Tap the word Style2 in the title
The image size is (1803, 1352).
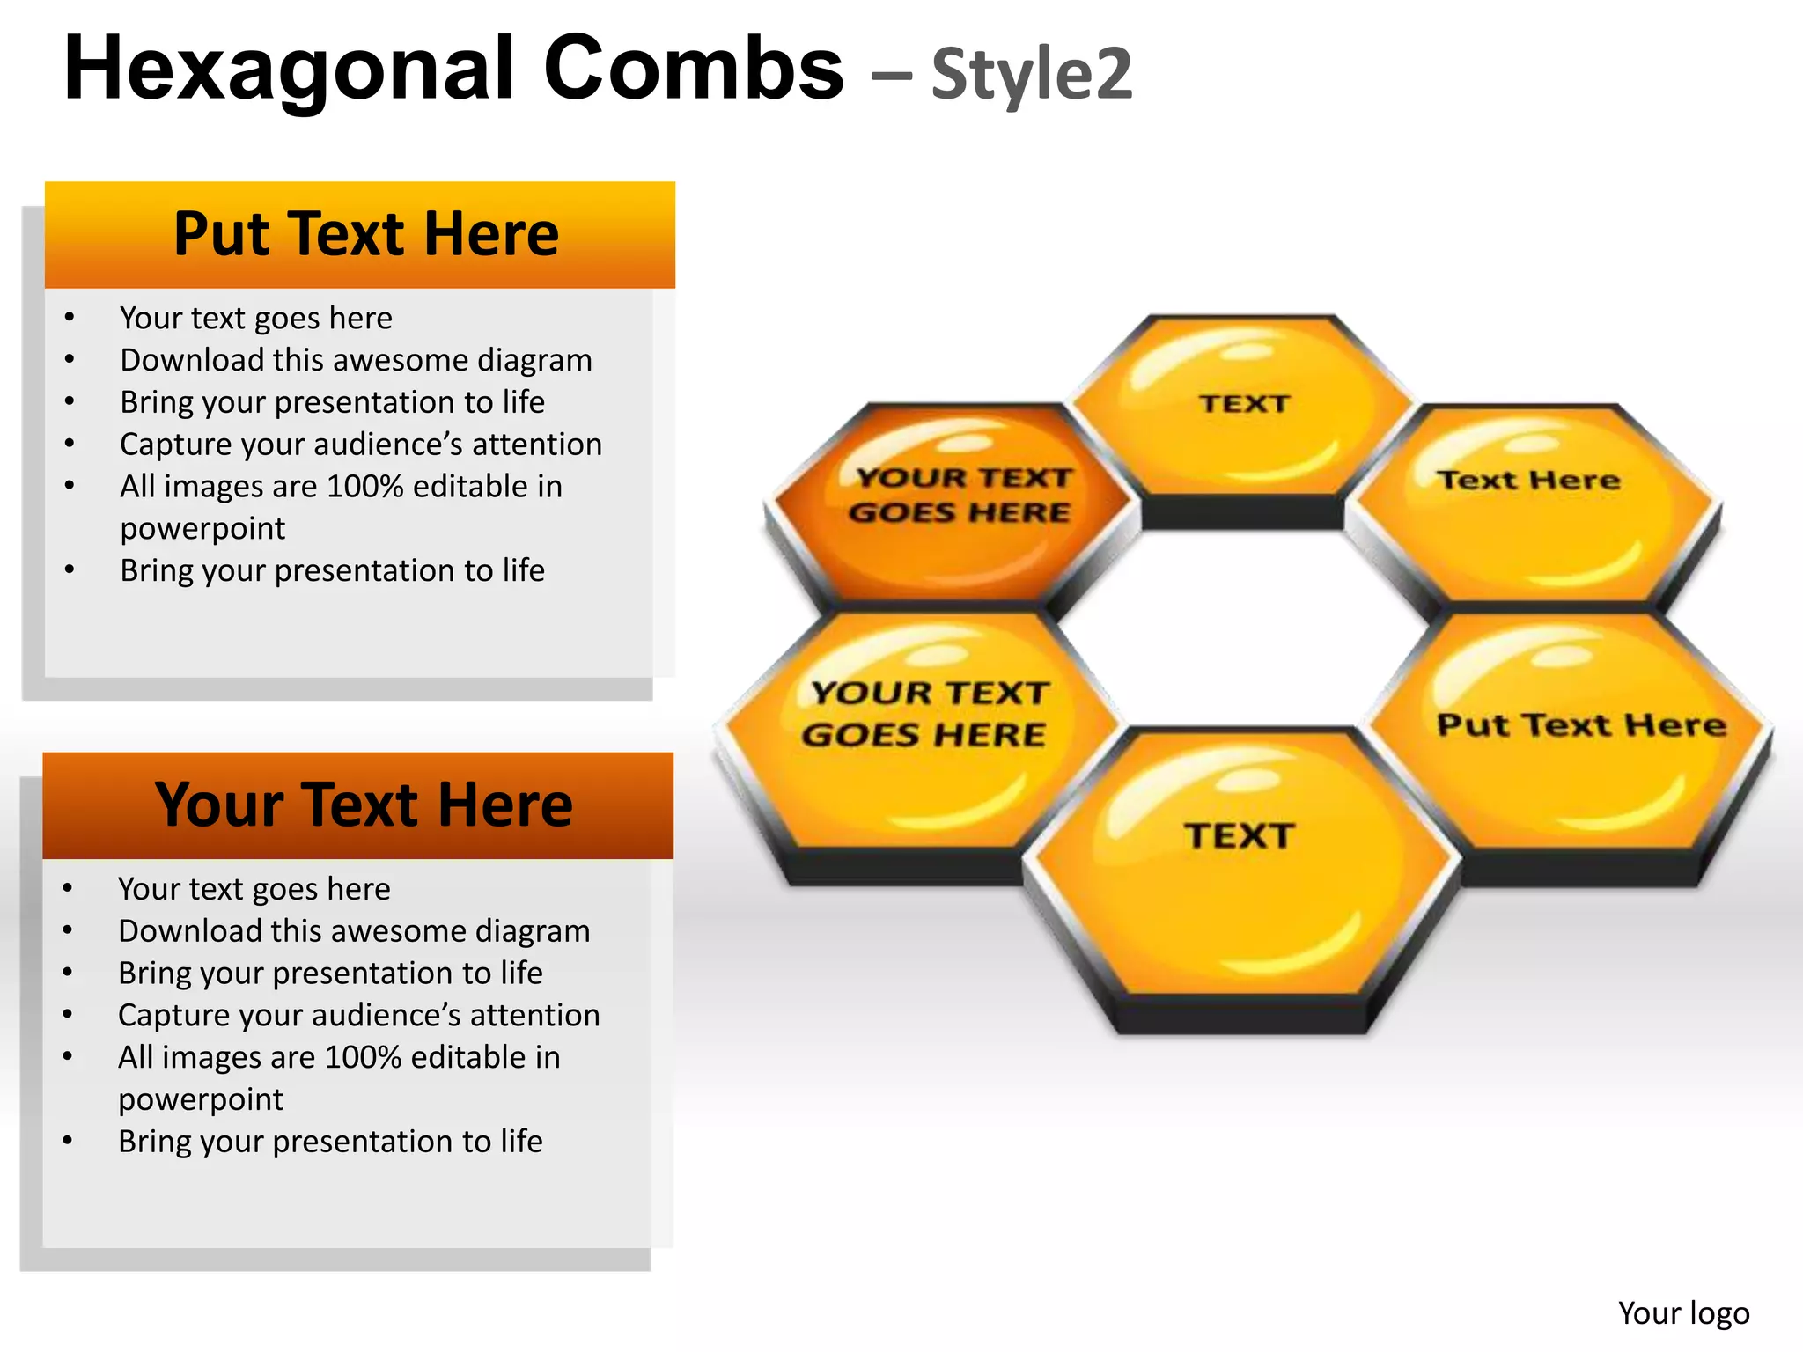click(x=1032, y=75)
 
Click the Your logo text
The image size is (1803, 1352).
click(x=1683, y=1312)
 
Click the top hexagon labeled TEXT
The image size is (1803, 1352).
click(x=1243, y=414)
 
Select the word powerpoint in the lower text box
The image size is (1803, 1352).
click(x=201, y=1099)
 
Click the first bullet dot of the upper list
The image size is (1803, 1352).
click(x=70, y=318)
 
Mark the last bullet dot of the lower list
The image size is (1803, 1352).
click(x=68, y=1142)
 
